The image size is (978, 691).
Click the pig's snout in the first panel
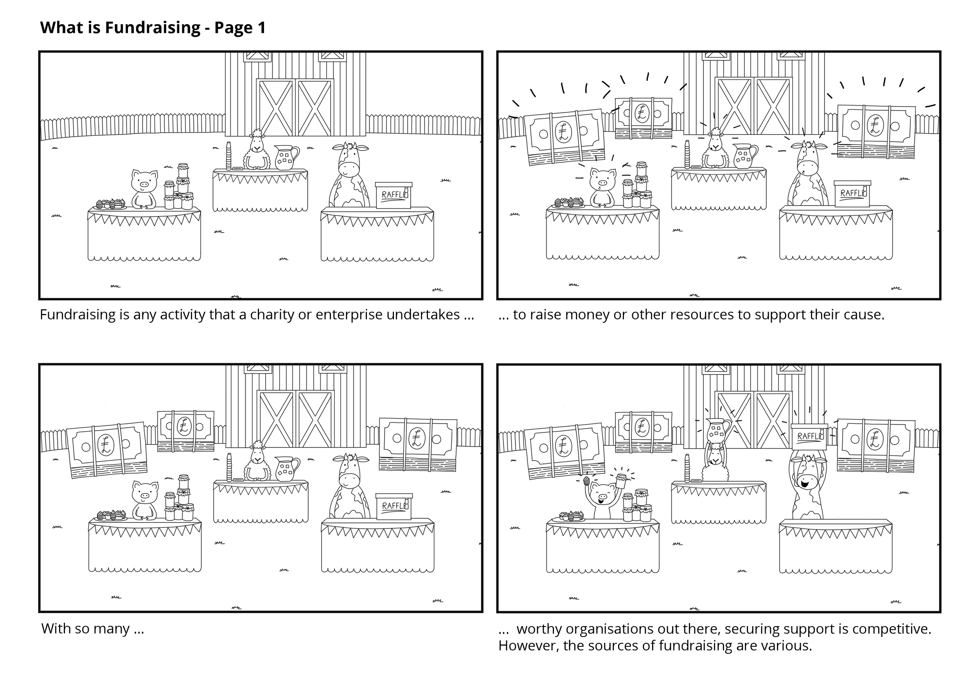pos(144,184)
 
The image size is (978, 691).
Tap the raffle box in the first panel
pos(393,195)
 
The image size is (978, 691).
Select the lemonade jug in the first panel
pos(286,157)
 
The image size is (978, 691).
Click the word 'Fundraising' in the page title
pos(153,28)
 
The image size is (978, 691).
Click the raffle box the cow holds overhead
pos(809,437)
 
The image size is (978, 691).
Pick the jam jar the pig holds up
pos(622,480)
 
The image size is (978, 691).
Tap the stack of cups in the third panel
pos(229,467)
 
